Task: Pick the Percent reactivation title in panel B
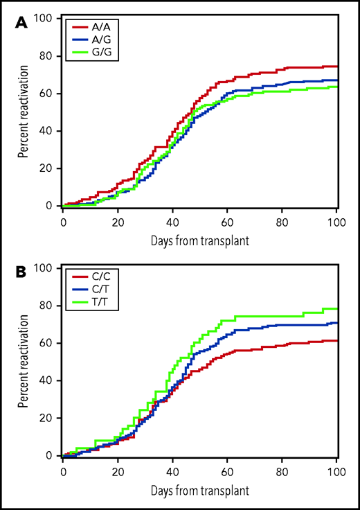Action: click(25, 362)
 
